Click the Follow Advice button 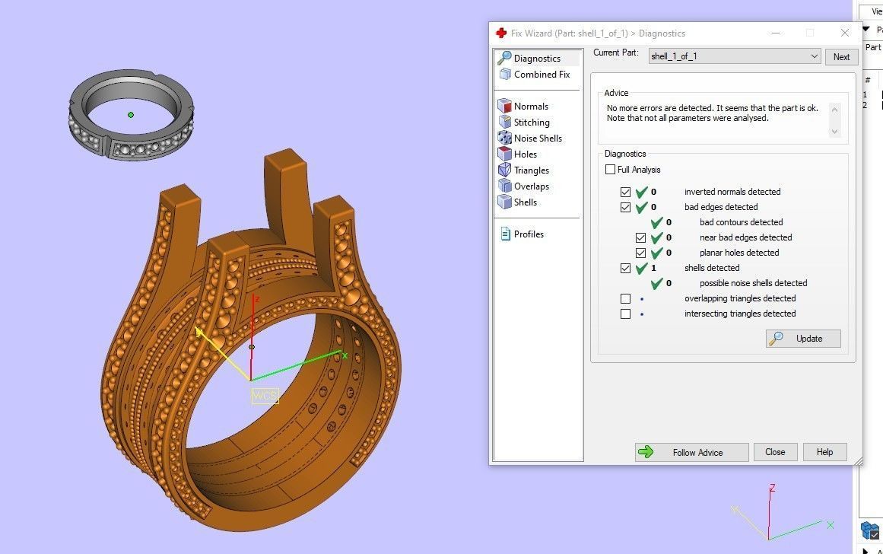(x=691, y=452)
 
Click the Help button (x=824, y=452)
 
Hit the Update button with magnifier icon (x=803, y=339)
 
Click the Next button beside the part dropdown (x=841, y=57)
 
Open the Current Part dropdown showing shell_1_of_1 (x=735, y=56)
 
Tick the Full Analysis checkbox (x=611, y=170)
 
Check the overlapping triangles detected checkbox (x=625, y=298)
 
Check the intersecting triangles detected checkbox (x=625, y=314)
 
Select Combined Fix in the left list (x=541, y=75)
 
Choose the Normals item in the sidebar (x=530, y=107)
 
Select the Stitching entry (x=531, y=123)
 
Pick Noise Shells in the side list (x=537, y=138)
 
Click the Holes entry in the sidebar (x=525, y=154)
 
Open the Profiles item (x=528, y=234)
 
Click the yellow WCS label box (x=265, y=396)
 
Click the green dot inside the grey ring (x=131, y=115)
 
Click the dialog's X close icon (x=844, y=33)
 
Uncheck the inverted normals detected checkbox (x=625, y=192)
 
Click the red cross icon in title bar (x=500, y=33)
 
